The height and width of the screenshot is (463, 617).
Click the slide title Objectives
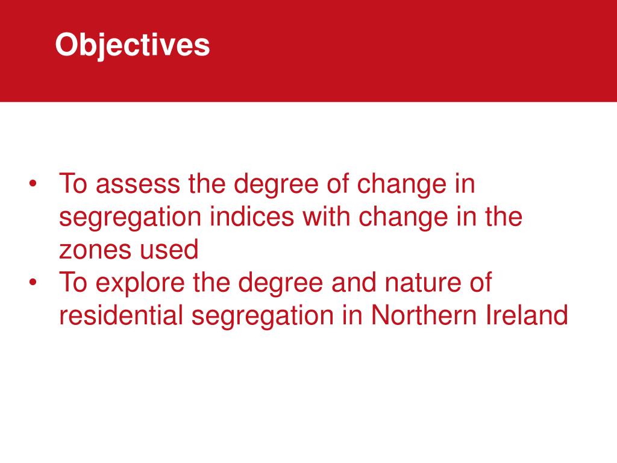click(133, 45)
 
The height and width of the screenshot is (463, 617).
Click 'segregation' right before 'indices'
click(130, 218)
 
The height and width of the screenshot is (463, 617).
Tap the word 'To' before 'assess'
click(73, 184)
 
